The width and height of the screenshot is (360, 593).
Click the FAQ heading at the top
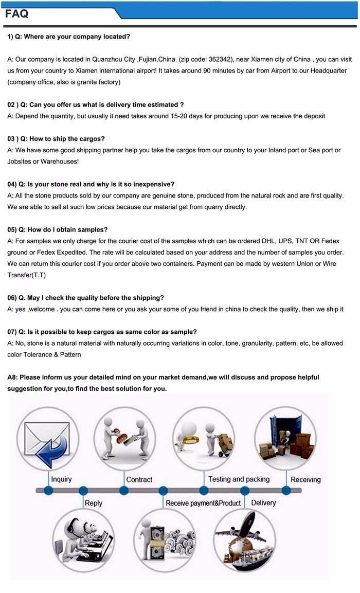click(17, 14)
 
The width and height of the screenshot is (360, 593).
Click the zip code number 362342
click(212, 59)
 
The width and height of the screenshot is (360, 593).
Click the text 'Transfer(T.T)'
click(26, 275)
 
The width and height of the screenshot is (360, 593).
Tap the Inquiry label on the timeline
click(61, 479)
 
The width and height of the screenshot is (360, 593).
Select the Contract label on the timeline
click(139, 479)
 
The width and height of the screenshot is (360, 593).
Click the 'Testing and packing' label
click(239, 479)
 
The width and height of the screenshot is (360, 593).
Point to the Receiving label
click(305, 479)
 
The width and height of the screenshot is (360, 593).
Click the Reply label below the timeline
click(93, 503)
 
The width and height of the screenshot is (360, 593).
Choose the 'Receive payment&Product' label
click(203, 503)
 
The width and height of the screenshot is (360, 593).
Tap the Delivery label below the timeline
click(263, 502)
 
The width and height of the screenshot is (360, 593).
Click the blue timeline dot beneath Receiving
click(286, 491)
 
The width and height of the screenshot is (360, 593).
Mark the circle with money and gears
click(165, 540)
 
